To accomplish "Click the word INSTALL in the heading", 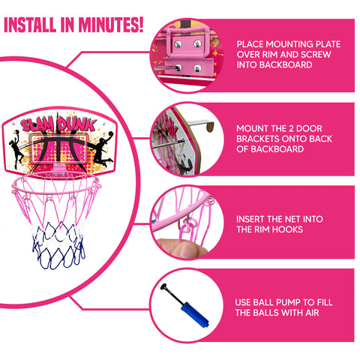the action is tap(30, 25).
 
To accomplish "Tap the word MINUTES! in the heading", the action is tap(111, 25).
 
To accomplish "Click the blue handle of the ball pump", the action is tap(195, 315).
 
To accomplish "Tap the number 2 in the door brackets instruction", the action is tap(291, 128).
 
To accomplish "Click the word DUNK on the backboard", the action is tap(76, 124).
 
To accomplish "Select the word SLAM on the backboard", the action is tap(37, 124).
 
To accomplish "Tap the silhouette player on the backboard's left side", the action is tap(16, 148).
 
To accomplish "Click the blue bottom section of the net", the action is tap(58, 246).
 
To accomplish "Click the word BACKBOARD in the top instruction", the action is tap(286, 65).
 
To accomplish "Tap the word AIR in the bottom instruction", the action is tap(312, 313).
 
